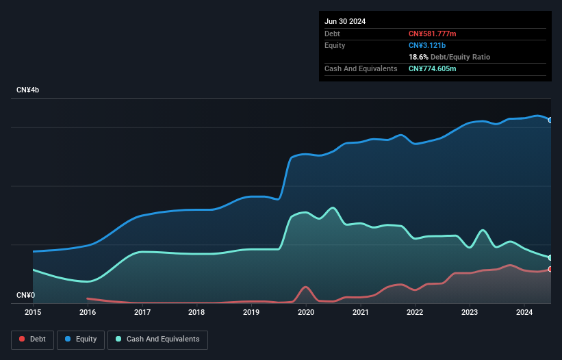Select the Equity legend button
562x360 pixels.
pos(81,339)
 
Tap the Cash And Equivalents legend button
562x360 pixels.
pos(157,339)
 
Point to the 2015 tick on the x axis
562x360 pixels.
pos(33,312)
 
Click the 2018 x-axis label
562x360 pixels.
pos(196,312)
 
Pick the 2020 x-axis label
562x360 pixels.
pos(305,312)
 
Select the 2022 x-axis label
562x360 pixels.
pos(415,312)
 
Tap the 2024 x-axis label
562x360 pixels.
pos(524,312)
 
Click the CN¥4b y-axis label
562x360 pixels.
pos(28,90)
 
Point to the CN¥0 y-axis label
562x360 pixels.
pos(25,296)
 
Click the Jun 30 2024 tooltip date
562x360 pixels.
pos(345,21)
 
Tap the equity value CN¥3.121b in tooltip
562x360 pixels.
pos(427,45)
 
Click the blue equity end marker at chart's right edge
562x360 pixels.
pos(550,120)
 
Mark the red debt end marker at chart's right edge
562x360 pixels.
pos(550,269)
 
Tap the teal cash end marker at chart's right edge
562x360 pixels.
pos(550,258)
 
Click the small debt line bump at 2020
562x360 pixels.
pos(305,287)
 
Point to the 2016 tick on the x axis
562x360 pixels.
pos(88,312)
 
